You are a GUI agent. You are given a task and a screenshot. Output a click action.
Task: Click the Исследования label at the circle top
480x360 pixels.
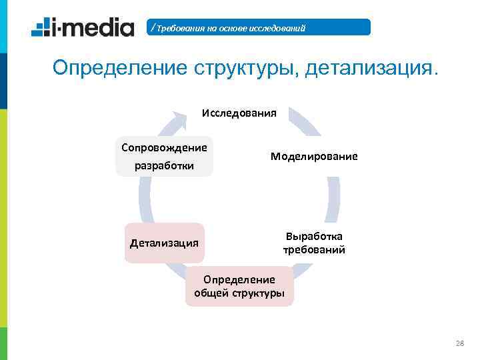pyautogui.click(x=239, y=113)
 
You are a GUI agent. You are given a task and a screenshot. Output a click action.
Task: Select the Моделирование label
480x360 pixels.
pyautogui.click(x=314, y=156)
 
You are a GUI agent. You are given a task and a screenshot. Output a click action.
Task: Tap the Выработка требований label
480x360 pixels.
pyautogui.click(x=314, y=243)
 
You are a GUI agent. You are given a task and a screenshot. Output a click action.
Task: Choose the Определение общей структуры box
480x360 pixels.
pyautogui.click(x=239, y=286)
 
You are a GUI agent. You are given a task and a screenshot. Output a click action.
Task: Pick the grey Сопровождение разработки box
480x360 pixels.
pyautogui.click(x=164, y=156)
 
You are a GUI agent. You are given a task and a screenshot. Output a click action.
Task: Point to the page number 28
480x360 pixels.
pyautogui.click(x=459, y=343)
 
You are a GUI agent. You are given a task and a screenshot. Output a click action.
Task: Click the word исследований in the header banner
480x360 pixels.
pyautogui.click(x=275, y=28)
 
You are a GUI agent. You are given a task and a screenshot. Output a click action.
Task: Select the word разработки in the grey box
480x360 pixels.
pyautogui.click(x=164, y=165)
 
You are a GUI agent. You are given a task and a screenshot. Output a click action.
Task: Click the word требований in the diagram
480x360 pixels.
pyautogui.click(x=314, y=251)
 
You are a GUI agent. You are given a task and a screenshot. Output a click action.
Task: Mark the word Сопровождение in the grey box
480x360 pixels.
pyautogui.click(x=164, y=147)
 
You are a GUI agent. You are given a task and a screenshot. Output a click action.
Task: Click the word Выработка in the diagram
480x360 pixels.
pyautogui.click(x=314, y=236)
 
